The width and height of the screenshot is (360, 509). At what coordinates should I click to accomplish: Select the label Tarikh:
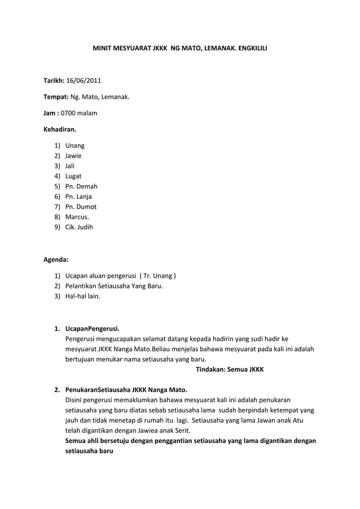click(x=54, y=89)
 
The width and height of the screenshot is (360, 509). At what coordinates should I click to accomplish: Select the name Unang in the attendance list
click(x=75, y=146)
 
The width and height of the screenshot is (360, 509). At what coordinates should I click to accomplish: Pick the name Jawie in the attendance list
click(x=73, y=156)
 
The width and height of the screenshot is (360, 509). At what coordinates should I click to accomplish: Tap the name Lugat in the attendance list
click(x=73, y=176)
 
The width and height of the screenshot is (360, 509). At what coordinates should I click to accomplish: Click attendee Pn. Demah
click(x=82, y=186)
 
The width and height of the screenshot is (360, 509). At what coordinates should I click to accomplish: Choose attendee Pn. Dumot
click(x=81, y=207)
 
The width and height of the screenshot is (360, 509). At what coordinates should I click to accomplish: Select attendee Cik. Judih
click(x=80, y=227)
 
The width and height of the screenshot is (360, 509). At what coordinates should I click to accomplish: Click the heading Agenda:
click(x=56, y=260)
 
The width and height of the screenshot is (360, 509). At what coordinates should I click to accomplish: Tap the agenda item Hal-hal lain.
click(x=83, y=296)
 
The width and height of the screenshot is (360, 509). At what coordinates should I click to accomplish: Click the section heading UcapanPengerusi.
click(x=93, y=329)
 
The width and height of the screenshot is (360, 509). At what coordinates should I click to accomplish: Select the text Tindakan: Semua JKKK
click(x=230, y=369)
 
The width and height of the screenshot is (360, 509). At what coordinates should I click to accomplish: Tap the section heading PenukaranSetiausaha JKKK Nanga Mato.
click(x=127, y=390)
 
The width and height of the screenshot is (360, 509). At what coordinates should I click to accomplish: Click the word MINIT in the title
click(x=103, y=49)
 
